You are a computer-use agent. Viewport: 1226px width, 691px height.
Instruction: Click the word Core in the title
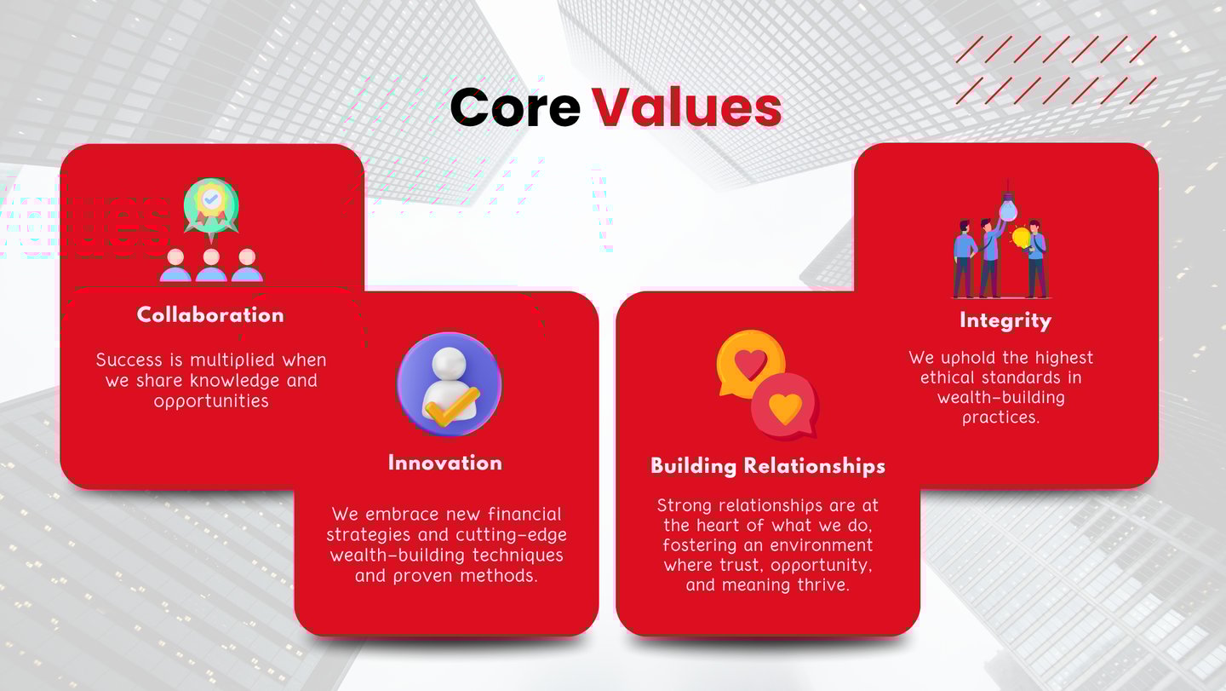point(515,107)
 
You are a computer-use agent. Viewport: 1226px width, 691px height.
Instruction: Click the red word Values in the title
point(687,107)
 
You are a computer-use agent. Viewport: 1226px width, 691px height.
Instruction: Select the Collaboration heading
point(211,315)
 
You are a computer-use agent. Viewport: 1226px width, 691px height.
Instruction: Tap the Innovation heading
point(445,464)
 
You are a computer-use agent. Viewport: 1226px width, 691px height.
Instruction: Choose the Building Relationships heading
point(768,466)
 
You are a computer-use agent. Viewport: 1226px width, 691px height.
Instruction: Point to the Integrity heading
point(1005,321)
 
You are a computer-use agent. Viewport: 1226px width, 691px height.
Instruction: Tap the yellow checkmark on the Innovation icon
point(452,406)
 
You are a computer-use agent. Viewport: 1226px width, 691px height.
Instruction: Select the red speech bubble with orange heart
point(785,406)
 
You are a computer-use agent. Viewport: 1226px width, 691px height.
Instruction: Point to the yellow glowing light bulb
point(1021,238)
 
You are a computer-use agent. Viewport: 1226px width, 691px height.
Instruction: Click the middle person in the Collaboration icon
point(211,265)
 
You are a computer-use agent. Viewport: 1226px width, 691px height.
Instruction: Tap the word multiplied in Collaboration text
point(232,360)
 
